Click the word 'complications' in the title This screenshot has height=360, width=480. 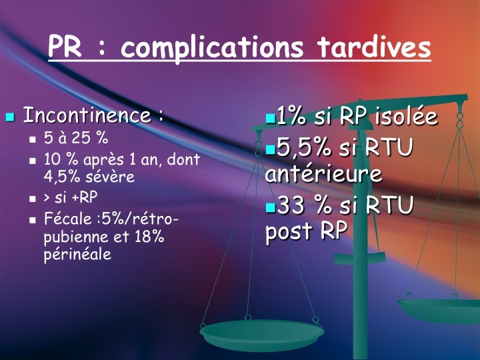(212, 48)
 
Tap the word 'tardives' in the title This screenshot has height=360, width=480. (374, 47)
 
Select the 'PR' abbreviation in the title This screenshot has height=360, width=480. (65, 47)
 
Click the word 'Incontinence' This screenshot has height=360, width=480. (87, 115)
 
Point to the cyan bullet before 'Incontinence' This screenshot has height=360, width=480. (11, 117)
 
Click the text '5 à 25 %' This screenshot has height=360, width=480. (76, 138)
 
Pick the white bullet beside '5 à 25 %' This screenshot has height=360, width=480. (33, 139)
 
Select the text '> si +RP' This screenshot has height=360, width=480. (71, 197)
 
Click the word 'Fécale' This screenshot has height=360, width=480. (67, 219)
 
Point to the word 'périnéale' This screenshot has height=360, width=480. (77, 255)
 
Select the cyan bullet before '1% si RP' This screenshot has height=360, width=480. (271, 119)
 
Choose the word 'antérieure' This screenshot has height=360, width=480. (323, 173)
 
